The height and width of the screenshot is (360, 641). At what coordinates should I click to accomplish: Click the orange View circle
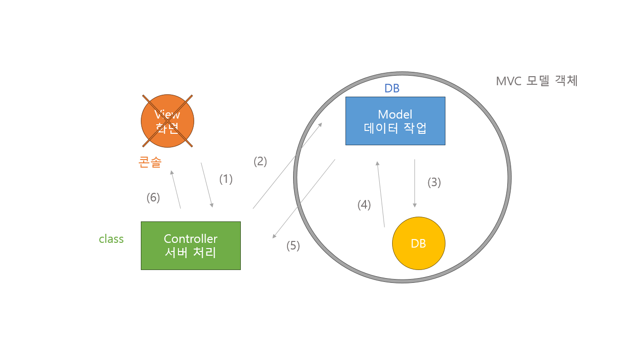point(167,121)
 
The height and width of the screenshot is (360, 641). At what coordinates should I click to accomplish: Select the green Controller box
point(190,245)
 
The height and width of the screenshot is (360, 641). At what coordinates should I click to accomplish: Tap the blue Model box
point(395,120)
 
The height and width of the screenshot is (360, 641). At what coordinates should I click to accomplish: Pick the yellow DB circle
point(418,243)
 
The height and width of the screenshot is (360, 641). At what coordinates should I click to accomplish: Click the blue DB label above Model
point(392,89)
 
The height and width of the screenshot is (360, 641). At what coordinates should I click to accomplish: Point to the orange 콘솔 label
point(150,162)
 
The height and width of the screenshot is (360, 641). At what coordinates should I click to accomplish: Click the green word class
point(111,239)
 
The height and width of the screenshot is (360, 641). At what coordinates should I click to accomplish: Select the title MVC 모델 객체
point(536,81)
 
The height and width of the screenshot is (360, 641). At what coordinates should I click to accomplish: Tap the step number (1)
point(226,179)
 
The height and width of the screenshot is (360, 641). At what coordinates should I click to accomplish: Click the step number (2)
point(260,161)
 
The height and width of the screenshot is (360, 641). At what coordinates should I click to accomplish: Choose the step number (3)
point(434,182)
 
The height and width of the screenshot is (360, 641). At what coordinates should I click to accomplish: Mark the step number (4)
point(364,205)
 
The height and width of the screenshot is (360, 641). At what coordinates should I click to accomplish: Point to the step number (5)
point(293,246)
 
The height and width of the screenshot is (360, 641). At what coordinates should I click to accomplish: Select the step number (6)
point(153,197)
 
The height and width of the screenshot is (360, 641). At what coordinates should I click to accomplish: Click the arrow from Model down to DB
point(415,183)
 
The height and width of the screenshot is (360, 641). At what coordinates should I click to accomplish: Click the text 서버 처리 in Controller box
point(190,252)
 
